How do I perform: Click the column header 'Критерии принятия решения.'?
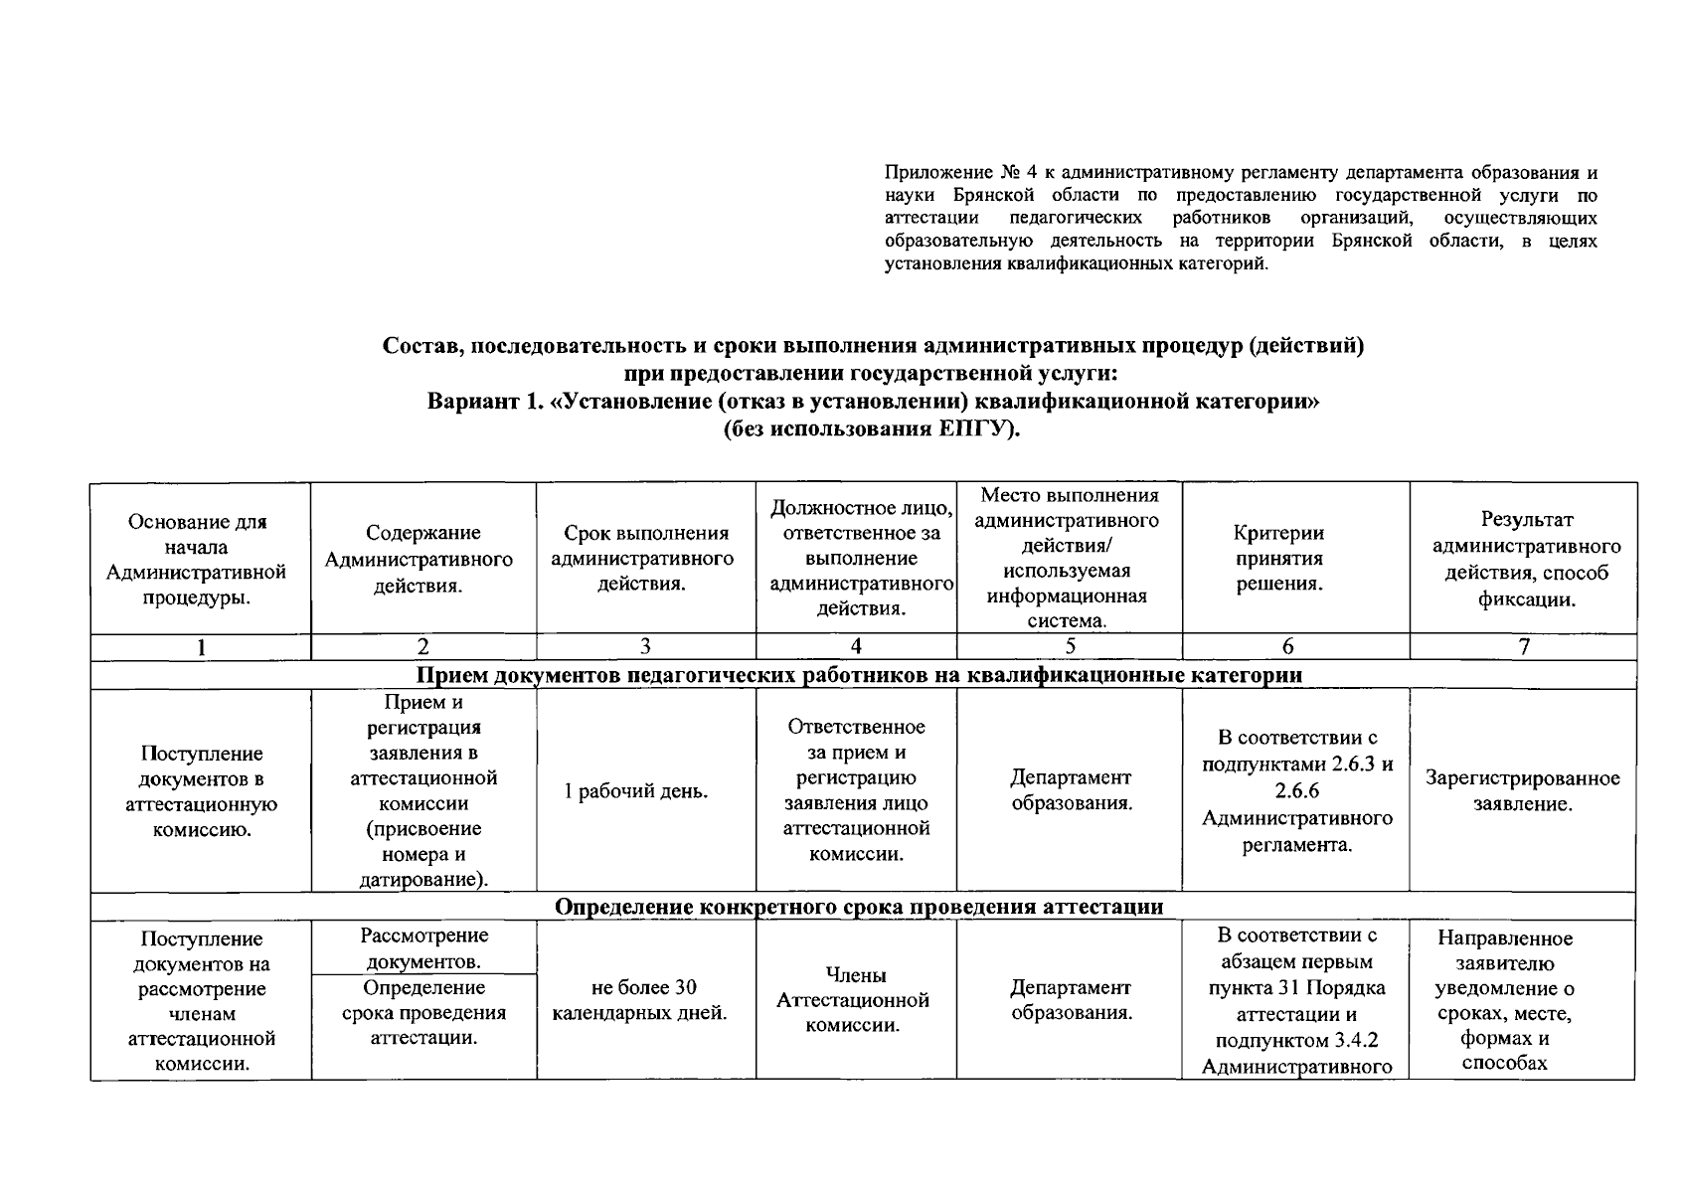click(x=1278, y=559)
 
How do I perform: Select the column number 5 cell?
click(x=1070, y=647)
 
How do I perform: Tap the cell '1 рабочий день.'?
click(x=636, y=791)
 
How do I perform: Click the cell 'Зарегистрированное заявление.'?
click(x=1522, y=791)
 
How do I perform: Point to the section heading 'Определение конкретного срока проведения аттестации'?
click(x=858, y=907)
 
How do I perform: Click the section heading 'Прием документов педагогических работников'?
click(x=858, y=675)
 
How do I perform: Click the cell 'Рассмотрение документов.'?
click(x=424, y=948)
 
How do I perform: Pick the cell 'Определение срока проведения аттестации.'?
click(x=424, y=1013)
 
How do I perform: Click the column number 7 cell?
click(x=1523, y=647)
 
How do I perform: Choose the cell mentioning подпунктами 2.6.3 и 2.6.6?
click(x=1296, y=791)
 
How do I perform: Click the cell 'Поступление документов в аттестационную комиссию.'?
click(x=202, y=791)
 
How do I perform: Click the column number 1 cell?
click(x=202, y=647)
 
